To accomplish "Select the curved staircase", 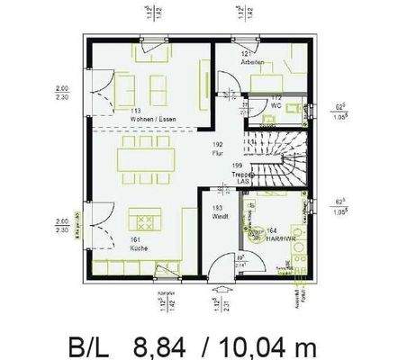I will pyautogui.click(x=276, y=157).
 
